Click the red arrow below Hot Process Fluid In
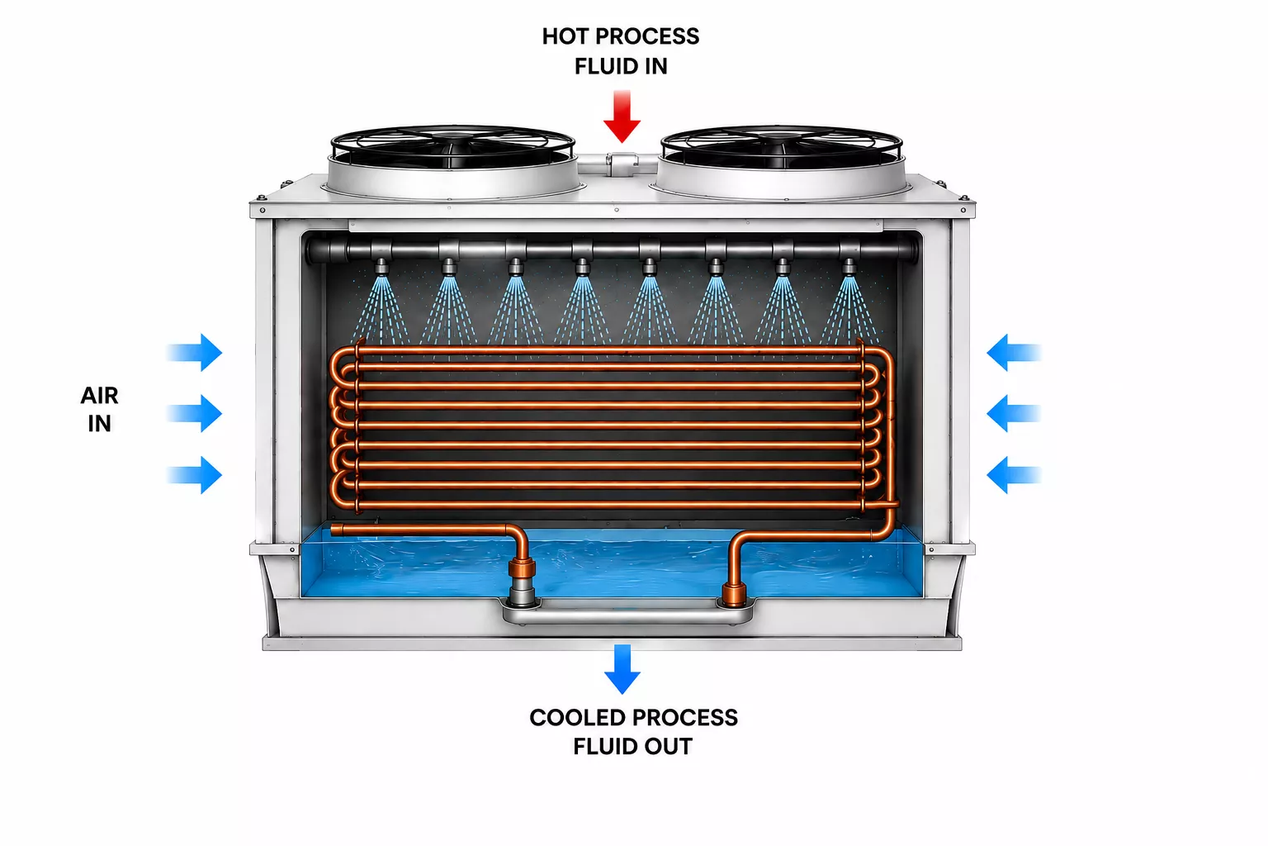pyautogui.click(x=622, y=116)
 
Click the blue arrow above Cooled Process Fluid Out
pyautogui.click(x=622, y=668)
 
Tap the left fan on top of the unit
pyautogui.click(x=452, y=161)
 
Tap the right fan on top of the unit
pyautogui.click(x=782, y=161)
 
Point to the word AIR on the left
pyautogui.click(x=99, y=396)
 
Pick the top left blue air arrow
pyautogui.click(x=194, y=353)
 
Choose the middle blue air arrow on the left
pyautogui.click(x=194, y=413)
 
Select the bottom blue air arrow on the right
pyautogui.click(x=1014, y=475)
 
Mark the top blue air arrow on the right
pyautogui.click(x=1014, y=353)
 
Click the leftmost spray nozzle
pyautogui.click(x=381, y=267)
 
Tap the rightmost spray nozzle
pyautogui.click(x=849, y=267)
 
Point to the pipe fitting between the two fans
pyautogui.click(x=622, y=163)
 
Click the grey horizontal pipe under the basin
pyautogui.click(x=627, y=612)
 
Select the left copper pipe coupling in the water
pyautogui.click(x=522, y=568)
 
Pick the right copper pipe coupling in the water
pyautogui.click(x=734, y=594)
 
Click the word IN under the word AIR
pyautogui.click(x=99, y=424)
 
